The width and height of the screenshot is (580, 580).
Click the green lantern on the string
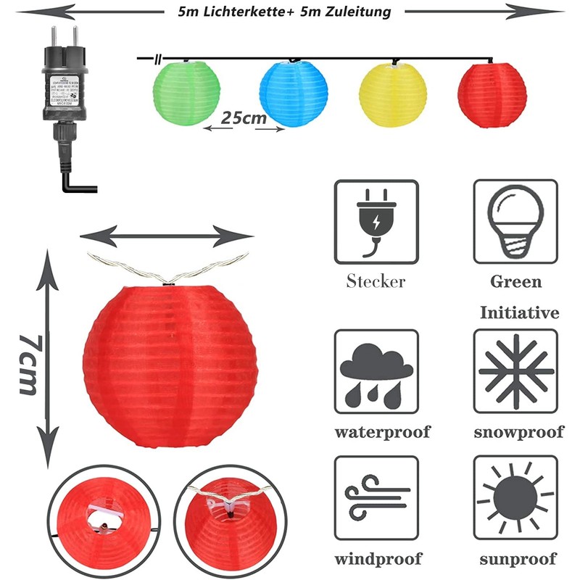pos(186,92)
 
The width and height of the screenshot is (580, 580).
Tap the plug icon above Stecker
pos(376,222)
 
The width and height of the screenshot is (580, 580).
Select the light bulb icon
pos(515,222)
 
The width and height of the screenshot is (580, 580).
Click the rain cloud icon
pos(376,371)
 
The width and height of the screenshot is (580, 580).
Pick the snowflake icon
pos(515,371)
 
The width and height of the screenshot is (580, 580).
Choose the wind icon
pos(376,497)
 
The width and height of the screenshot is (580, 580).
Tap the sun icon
pos(515,497)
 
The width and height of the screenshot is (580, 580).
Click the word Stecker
pos(376,281)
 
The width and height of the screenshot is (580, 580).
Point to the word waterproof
pos(382,432)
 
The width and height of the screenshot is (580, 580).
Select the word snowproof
pos(518,432)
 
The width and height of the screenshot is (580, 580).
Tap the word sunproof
pos(518,559)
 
